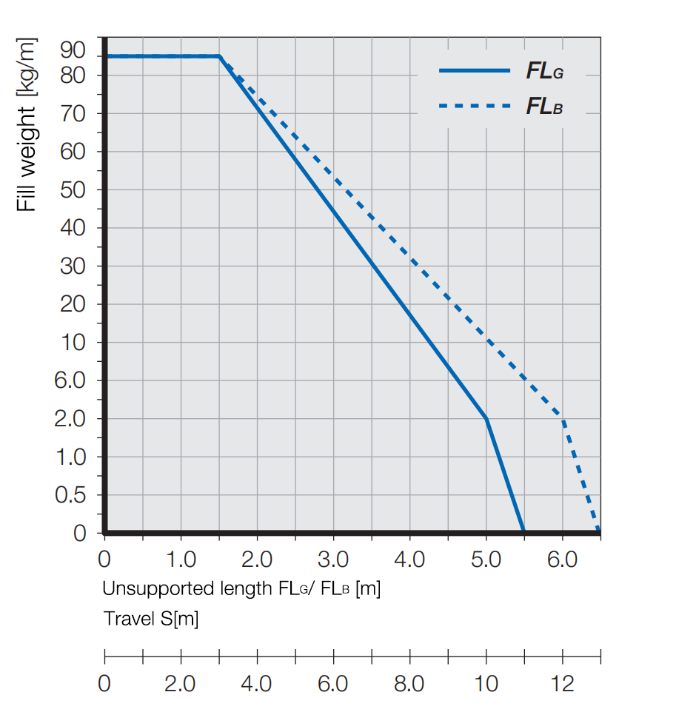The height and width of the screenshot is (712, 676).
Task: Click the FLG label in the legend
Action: coord(545,71)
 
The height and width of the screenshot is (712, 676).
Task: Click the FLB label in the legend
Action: coord(545,107)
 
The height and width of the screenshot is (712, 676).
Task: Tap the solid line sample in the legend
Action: coord(475,70)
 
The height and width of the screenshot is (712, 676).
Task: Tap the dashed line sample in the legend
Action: coord(475,106)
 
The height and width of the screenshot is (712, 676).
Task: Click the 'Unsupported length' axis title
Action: coord(241,590)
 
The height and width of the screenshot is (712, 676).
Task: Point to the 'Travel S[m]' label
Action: coord(151,619)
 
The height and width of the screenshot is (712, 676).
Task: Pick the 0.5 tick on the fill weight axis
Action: coord(70,495)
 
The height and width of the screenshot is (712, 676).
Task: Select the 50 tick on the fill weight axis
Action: coord(74,189)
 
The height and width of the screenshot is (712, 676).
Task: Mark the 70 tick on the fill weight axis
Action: coord(74,113)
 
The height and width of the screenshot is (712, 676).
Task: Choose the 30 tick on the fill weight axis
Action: coord(74,266)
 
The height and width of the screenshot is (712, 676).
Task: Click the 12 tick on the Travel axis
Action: coord(563,683)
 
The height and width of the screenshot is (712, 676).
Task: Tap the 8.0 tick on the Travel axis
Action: coord(409,683)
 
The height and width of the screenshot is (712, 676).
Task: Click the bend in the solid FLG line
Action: coord(486,418)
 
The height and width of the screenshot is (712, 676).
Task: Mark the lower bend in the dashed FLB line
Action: coord(563,418)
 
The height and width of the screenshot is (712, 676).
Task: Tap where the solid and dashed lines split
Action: coord(219,56)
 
